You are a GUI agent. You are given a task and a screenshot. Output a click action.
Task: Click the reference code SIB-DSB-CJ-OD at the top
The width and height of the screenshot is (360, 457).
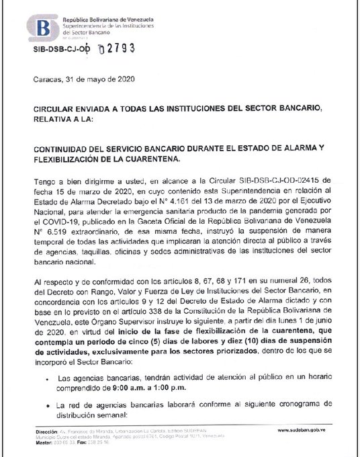click(61, 50)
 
